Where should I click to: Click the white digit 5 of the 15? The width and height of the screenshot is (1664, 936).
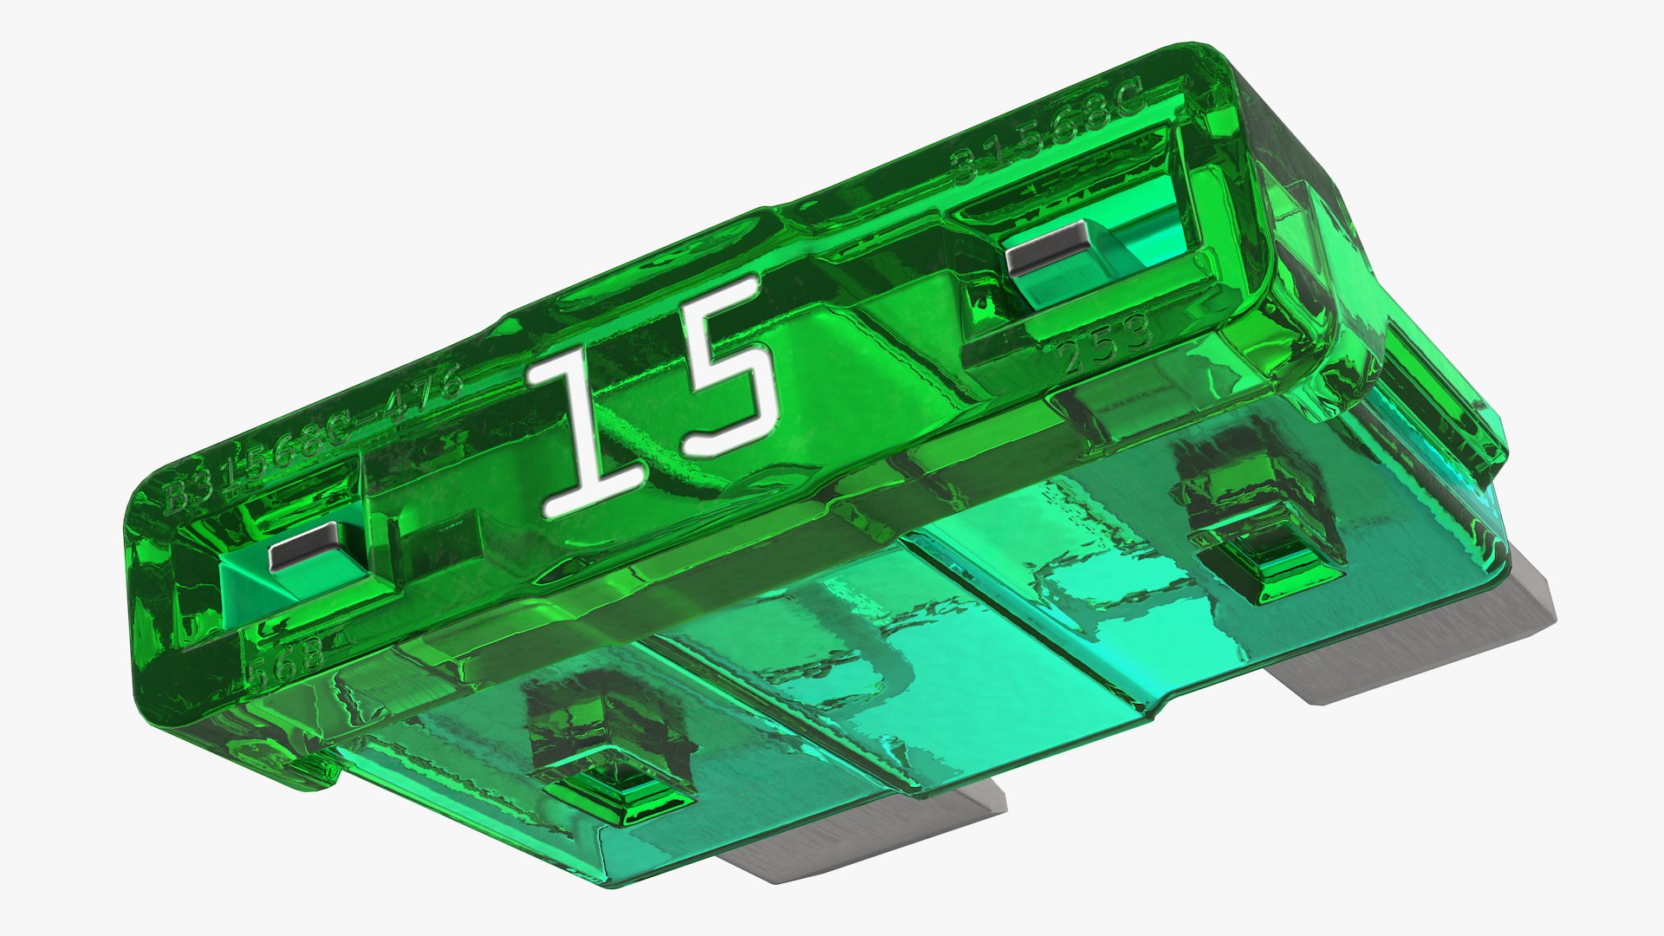(x=724, y=368)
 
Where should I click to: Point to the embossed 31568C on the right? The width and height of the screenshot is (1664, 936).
(x=1049, y=130)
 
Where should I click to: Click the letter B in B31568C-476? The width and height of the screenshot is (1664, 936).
(x=177, y=497)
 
